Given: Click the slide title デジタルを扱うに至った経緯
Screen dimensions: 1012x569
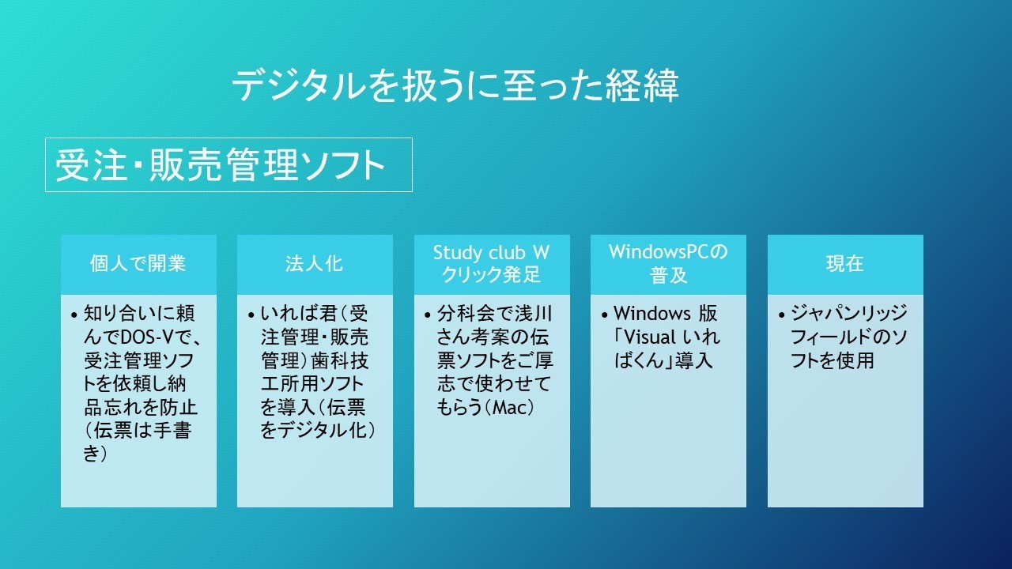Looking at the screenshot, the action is tap(455, 85).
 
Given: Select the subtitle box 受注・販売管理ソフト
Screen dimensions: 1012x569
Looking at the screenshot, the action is tap(228, 165).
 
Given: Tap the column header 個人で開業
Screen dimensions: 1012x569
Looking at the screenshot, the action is tap(138, 264).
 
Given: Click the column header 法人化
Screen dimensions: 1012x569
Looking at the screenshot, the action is tap(315, 264).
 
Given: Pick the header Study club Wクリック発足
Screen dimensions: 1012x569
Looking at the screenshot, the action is tap(492, 264).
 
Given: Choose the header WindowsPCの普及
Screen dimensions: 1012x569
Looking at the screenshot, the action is tap(668, 264).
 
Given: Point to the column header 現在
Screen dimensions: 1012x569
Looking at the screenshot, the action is tap(845, 264).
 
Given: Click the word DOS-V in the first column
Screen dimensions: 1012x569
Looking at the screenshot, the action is tap(146, 337).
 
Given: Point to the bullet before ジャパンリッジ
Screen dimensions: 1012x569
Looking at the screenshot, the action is tap(782, 315).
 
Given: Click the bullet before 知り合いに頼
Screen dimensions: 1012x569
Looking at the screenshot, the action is tap(74, 315).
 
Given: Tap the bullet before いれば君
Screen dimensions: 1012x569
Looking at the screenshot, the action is tap(251, 315).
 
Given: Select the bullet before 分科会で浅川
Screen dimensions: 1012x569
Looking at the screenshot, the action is tap(428, 315).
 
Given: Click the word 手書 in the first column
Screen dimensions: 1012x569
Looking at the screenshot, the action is tap(172, 431).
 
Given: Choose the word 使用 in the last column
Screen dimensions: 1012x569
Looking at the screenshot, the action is tap(855, 360).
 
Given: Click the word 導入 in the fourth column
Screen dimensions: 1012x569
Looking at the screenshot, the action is tap(693, 360).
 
